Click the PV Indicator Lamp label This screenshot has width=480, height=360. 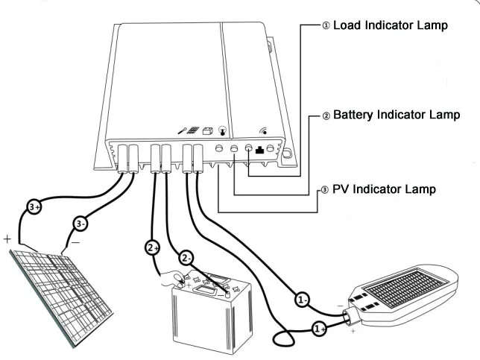(x=379, y=189)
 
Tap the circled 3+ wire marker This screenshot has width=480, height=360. (x=33, y=206)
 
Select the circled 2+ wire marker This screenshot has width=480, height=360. (x=152, y=247)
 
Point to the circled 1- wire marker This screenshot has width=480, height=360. (x=302, y=300)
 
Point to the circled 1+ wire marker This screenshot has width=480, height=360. (x=318, y=327)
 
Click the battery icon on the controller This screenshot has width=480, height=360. (x=208, y=130)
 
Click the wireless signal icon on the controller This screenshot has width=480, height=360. (x=263, y=130)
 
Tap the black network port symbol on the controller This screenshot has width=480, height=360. (x=260, y=149)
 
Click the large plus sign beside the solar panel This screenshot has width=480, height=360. (x=7, y=239)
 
